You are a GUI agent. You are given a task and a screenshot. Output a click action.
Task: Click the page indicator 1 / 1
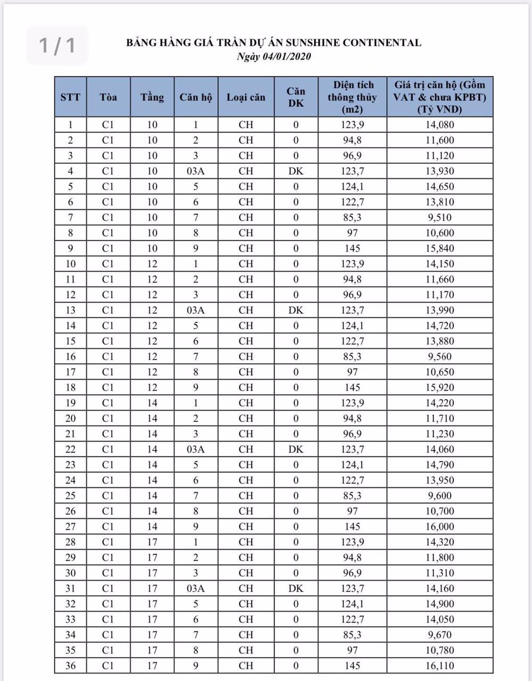[57, 45]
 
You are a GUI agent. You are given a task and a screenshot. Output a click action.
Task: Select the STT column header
[70, 97]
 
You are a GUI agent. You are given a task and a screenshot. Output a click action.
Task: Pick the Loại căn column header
[246, 97]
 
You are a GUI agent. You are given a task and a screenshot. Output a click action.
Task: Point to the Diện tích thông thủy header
[352, 97]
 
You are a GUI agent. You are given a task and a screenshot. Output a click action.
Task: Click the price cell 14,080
[439, 125]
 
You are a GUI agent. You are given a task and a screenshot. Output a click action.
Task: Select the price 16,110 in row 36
[439, 666]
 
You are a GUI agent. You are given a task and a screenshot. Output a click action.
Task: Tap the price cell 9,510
[439, 218]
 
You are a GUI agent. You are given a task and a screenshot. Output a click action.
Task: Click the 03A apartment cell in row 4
[196, 171]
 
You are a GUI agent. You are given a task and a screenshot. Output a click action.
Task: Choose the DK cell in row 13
[296, 310]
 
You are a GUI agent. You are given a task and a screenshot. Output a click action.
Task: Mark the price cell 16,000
[439, 527]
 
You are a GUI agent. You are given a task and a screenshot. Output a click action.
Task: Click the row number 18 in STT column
[70, 387]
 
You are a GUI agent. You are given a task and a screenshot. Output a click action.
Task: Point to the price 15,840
[439, 248]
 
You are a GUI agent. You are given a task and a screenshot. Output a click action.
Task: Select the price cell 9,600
[439, 496]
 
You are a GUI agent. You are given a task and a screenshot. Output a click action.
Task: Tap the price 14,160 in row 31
[439, 588]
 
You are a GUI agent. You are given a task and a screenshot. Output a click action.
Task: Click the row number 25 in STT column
[70, 496]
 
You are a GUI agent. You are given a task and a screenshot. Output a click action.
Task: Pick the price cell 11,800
[439, 558]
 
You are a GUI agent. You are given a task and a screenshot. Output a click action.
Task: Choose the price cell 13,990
[439, 310]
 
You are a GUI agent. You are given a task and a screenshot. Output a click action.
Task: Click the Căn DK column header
[296, 97]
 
